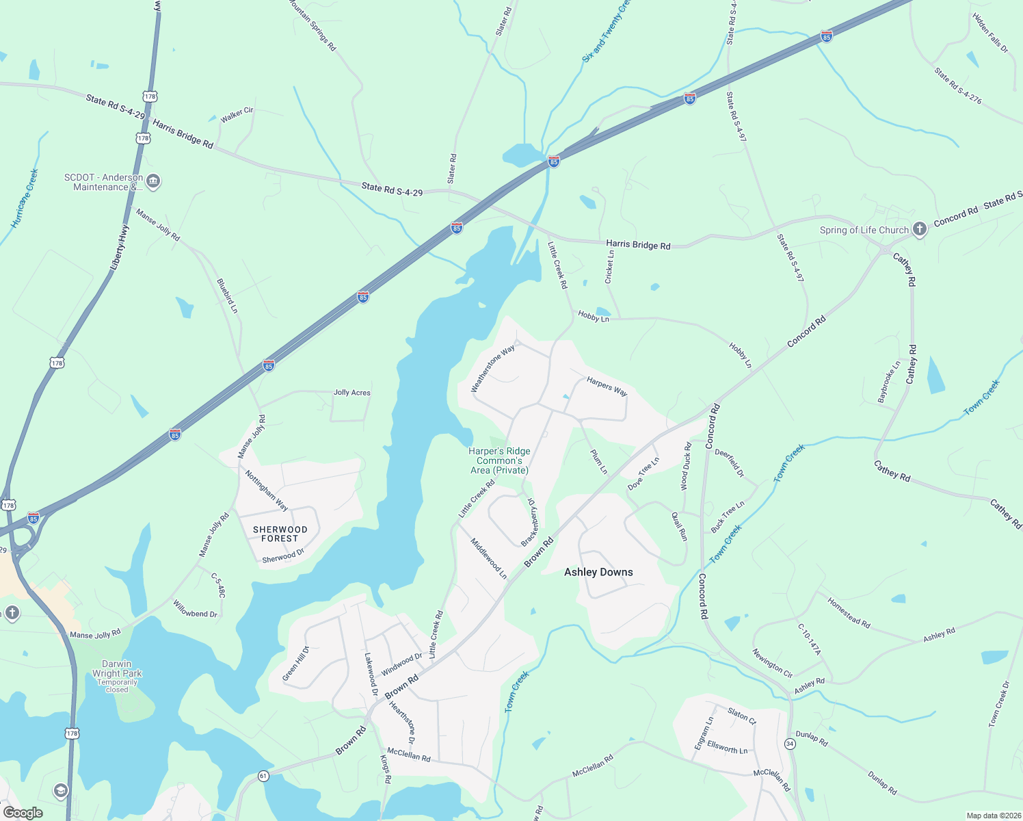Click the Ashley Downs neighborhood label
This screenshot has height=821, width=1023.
point(598,572)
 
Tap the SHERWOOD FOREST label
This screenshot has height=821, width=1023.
point(280,534)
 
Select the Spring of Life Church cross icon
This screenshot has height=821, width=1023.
point(920,229)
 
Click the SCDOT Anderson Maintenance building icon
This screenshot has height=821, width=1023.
point(153,181)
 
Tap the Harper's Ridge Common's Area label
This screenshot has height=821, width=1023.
point(499,460)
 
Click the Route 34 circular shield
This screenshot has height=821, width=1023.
point(790,744)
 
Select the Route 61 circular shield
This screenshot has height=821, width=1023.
point(263,776)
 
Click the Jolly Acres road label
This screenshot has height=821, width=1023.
point(351,393)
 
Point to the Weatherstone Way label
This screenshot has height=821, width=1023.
point(493,369)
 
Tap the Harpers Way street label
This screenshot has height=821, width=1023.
point(607,387)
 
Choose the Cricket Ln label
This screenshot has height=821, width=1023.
point(609,267)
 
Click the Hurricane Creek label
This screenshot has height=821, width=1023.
point(25,198)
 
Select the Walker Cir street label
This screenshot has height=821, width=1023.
point(237,114)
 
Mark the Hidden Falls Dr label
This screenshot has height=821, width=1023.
point(989,32)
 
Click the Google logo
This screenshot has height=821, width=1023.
point(23,813)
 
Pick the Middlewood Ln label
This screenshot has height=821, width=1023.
point(488,558)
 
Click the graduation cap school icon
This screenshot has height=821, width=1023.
point(61,791)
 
